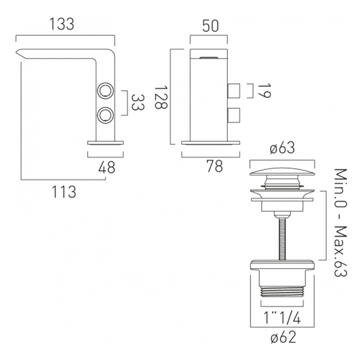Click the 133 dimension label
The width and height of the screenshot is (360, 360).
pyautogui.click(x=62, y=24)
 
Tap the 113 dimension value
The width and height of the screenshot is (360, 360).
pyautogui.click(x=64, y=192)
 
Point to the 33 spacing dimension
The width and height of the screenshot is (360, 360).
pyautogui.click(x=138, y=103)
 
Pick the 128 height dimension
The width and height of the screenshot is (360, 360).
pyautogui.click(x=161, y=97)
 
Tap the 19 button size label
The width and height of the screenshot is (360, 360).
pyautogui.click(x=264, y=91)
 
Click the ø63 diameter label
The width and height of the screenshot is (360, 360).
pyautogui.click(x=283, y=148)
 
